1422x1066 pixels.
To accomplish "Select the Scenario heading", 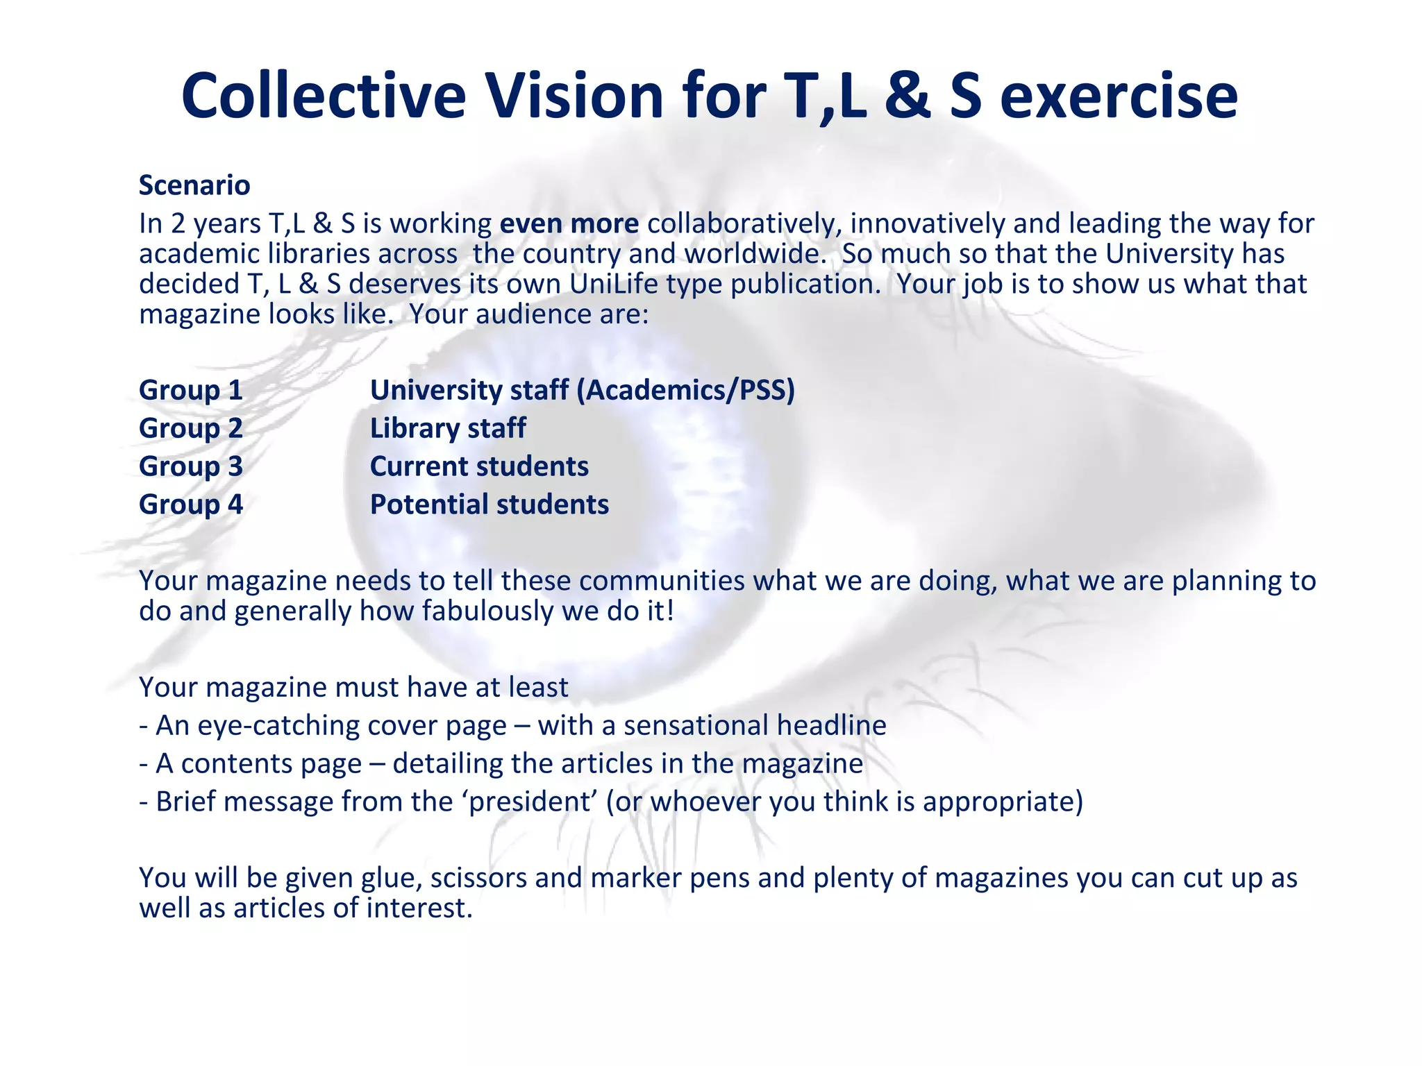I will point(194,185).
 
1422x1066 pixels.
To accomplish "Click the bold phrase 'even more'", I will point(569,223).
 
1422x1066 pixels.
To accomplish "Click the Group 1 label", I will point(191,390).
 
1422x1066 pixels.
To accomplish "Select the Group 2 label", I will point(191,428).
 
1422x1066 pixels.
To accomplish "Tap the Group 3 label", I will point(191,466).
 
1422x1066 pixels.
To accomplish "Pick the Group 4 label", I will point(191,505).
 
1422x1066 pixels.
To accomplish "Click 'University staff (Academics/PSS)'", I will point(582,390).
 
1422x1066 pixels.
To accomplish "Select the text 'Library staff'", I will point(448,428).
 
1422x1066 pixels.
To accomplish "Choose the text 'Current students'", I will point(479,466).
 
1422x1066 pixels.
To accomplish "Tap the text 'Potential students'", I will point(490,505).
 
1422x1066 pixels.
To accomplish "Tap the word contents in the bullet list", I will point(271,763).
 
